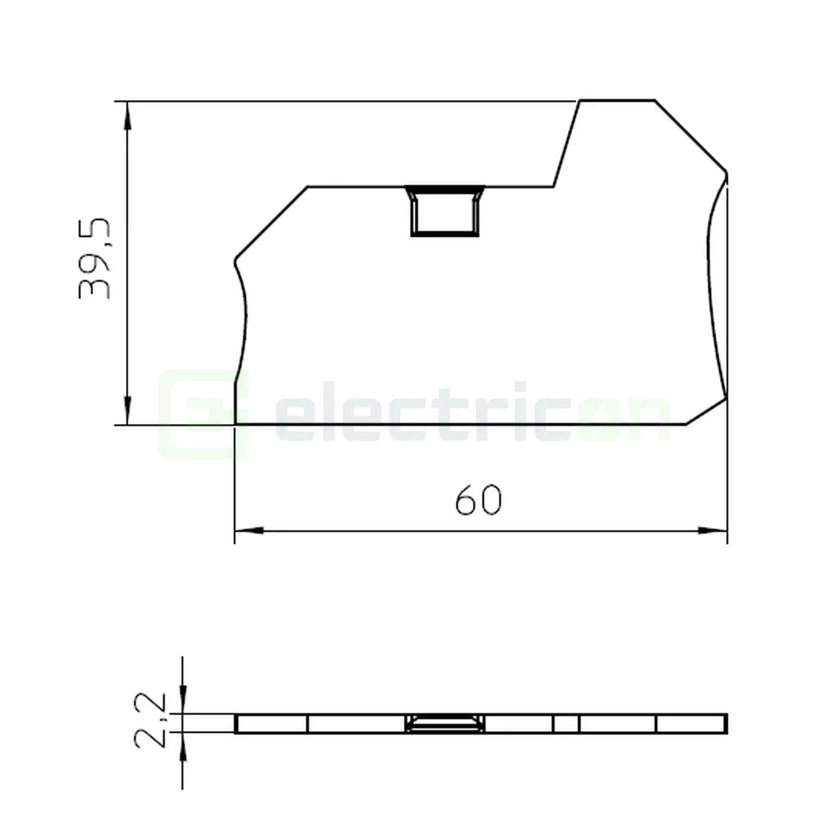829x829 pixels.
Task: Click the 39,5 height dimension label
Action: [95, 259]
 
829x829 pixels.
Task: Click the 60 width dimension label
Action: [478, 500]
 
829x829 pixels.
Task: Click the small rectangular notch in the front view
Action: [445, 211]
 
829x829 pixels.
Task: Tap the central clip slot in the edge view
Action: [445, 724]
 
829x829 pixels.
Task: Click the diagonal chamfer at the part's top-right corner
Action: [690, 136]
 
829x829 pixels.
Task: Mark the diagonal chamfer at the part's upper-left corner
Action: [271, 223]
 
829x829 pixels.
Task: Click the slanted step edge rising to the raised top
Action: [567, 144]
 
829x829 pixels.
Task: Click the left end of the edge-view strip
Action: [237, 724]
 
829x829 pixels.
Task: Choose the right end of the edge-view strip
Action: [725, 724]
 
